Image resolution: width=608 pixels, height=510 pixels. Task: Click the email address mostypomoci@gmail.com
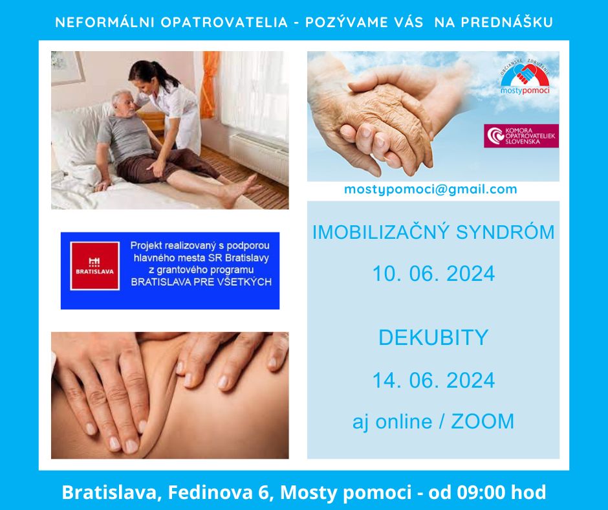(430, 190)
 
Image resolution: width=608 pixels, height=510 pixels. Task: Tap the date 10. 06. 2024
(433, 273)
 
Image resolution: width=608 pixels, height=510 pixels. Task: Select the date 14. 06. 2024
(433, 380)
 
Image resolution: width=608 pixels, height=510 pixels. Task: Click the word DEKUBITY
(433, 337)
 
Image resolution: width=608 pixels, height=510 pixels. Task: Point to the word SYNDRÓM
(505, 232)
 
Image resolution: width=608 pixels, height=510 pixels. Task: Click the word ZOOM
(483, 421)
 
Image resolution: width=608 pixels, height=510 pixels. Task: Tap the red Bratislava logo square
(94, 266)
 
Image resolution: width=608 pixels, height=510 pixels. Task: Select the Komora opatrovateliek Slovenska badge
(521, 136)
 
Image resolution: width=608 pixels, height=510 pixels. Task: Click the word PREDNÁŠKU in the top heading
(507, 22)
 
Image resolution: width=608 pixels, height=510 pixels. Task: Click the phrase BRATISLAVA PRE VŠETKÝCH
(201, 282)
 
